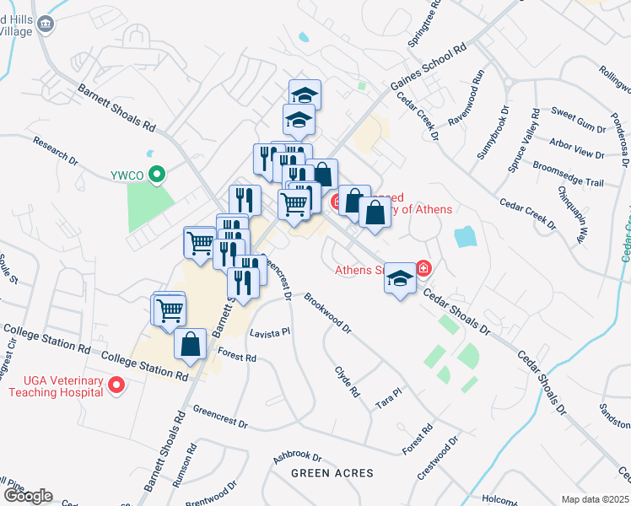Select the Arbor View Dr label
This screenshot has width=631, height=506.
click(x=576, y=149)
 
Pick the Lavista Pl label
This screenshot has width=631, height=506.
click(x=269, y=333)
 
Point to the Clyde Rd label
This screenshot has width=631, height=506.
click(x=347, y=381)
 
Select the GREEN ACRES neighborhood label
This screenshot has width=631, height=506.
click(x=332, y=473)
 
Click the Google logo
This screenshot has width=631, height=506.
click(x=28, y=496)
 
